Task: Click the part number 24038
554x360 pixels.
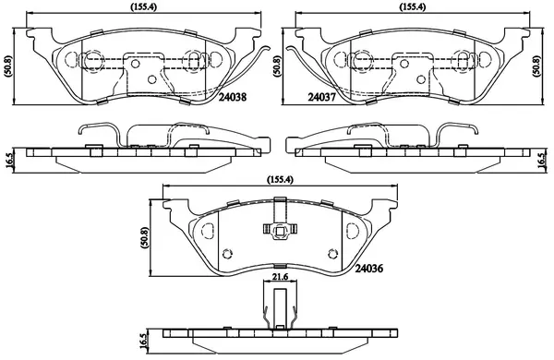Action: [x=233, y=97]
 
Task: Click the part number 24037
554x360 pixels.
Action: [x=321, y=97]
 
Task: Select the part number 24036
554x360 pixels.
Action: [x=368, y=269]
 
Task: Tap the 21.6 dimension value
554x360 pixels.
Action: [x=281, y=277]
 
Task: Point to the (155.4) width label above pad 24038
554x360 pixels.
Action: [x=144, y=6]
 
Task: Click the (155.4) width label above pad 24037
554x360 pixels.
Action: [x=413, y=6]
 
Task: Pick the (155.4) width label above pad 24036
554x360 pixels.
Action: [x=280, y=179]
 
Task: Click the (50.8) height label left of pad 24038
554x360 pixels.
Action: [x=7, y=66]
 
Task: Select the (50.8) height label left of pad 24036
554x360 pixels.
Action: [x=145, y=238]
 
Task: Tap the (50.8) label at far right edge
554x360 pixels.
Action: [x=536, y=66]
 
